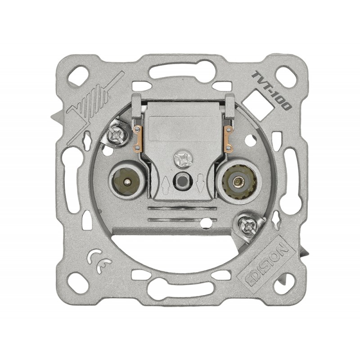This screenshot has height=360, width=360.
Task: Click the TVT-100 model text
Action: point(272,91)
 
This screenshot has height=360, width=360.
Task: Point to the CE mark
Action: point(99,261)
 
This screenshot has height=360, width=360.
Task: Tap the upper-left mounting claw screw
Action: point(117,135)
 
